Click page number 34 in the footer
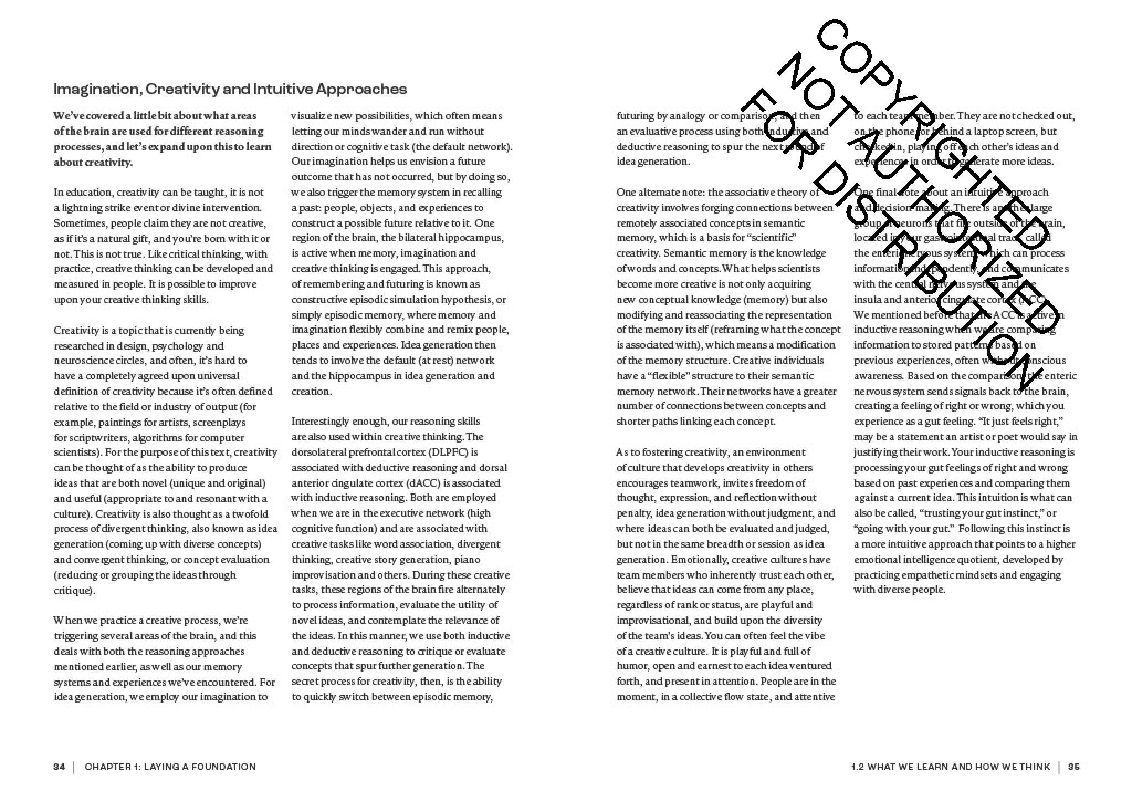point(59,767)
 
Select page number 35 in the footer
point(1073,767)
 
